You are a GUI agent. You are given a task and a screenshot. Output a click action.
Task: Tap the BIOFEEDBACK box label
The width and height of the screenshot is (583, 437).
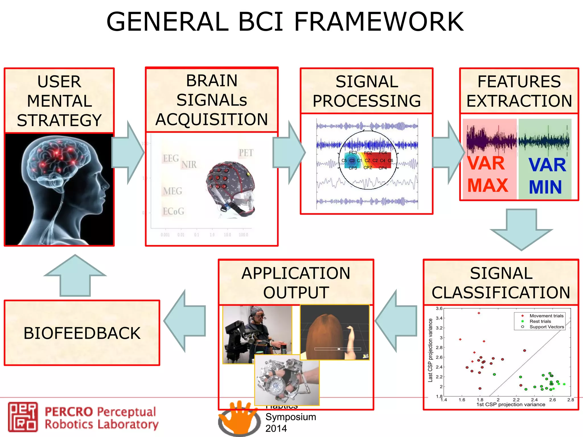82,333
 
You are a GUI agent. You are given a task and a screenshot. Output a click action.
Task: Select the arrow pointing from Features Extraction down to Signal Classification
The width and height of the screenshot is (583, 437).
521,229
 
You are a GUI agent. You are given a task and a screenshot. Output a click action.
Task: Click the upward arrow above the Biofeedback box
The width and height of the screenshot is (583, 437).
75,275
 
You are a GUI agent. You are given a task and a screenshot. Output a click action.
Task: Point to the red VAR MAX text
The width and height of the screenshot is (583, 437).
487,174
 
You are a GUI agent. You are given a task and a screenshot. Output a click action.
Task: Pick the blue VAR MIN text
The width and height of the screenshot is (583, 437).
547,176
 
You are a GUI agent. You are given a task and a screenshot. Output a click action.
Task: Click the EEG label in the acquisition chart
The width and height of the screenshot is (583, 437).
171,158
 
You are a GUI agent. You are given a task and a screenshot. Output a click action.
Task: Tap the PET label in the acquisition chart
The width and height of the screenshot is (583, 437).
246,153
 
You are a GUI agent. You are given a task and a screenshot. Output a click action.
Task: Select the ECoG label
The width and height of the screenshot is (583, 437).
173,211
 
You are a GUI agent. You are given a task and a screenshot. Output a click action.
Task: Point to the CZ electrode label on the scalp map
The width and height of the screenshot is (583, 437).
367,160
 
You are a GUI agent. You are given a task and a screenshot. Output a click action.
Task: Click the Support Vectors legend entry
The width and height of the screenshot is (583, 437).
546,327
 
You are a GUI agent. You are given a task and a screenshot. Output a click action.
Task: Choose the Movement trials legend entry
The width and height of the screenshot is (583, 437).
546,316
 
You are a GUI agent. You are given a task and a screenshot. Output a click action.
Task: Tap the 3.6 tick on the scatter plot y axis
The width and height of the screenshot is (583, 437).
439,308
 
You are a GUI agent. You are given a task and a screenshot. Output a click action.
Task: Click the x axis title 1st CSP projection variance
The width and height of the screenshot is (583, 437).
511,404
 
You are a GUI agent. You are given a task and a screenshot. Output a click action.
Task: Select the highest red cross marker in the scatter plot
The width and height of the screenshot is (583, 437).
479,313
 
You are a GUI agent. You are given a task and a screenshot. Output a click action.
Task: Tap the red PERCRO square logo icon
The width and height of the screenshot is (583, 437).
23,417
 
